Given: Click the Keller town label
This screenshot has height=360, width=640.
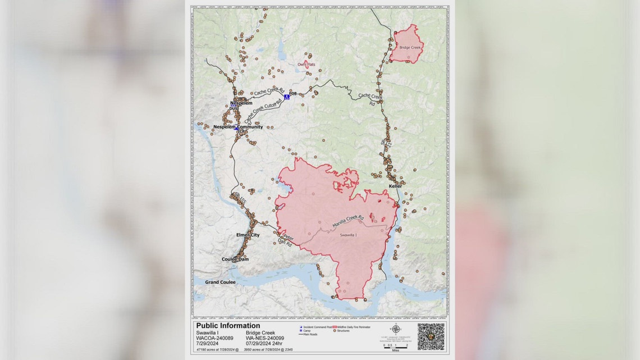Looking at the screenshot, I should (396, 186).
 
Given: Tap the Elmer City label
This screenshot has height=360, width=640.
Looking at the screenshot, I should (248, 235).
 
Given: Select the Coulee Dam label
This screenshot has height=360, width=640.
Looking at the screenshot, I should (235, 259).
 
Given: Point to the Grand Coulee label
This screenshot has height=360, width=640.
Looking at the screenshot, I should (220, 282).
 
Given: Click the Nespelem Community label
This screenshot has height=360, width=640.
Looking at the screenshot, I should (238, 127).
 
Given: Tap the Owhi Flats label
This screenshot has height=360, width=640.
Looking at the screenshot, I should (306, 65).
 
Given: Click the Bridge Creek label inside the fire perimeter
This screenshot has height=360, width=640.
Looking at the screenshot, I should (409, 48).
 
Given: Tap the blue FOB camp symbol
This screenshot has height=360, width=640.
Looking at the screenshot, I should (286, 97).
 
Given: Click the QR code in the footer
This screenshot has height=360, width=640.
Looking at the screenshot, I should (431, 336).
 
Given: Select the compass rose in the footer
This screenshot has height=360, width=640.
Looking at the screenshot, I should (396, 329).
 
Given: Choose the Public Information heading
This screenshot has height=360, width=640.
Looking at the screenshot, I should (228, 326).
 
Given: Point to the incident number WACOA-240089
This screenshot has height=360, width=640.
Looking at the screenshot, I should (213, 338).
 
